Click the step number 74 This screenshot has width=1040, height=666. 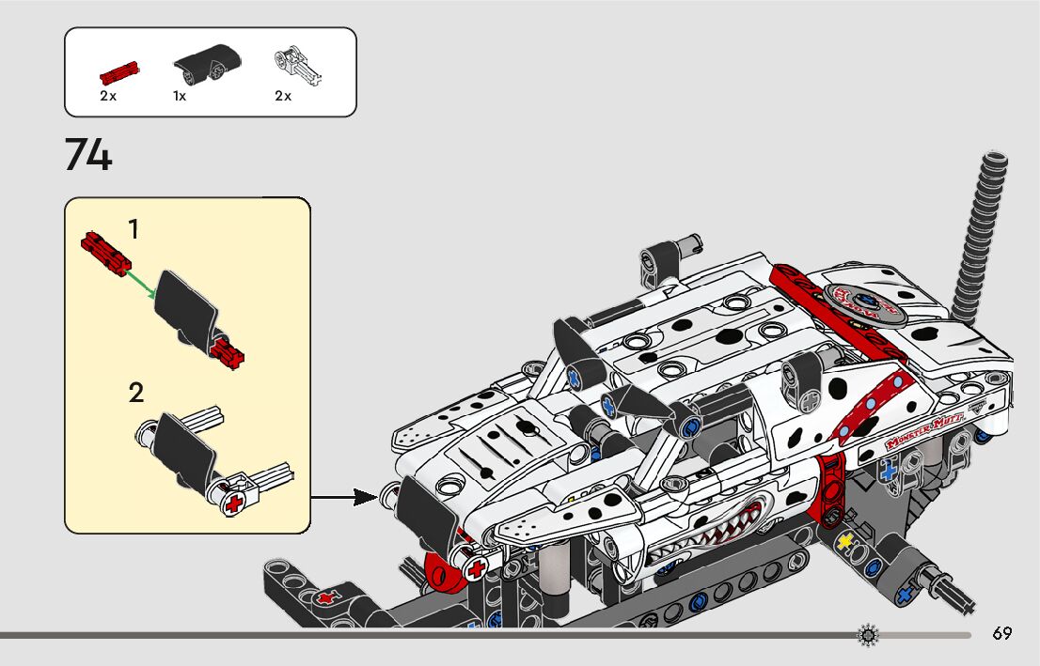(x=88, y=155)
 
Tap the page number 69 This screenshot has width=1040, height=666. (x=1001, y=633)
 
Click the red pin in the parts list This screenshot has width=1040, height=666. (x=118, y=70)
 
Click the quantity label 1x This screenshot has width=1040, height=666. (x=180, y=96)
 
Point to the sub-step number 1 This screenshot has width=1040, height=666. (x=134, y=228)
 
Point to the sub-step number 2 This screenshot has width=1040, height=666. (x=136, y=393)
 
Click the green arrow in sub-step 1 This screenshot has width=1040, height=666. (x=141, y=282)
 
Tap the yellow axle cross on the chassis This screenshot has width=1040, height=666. (x=844, y=542)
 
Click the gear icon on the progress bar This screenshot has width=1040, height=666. (x=867, y=636)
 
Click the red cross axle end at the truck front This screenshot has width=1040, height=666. (x=477, y=567)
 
